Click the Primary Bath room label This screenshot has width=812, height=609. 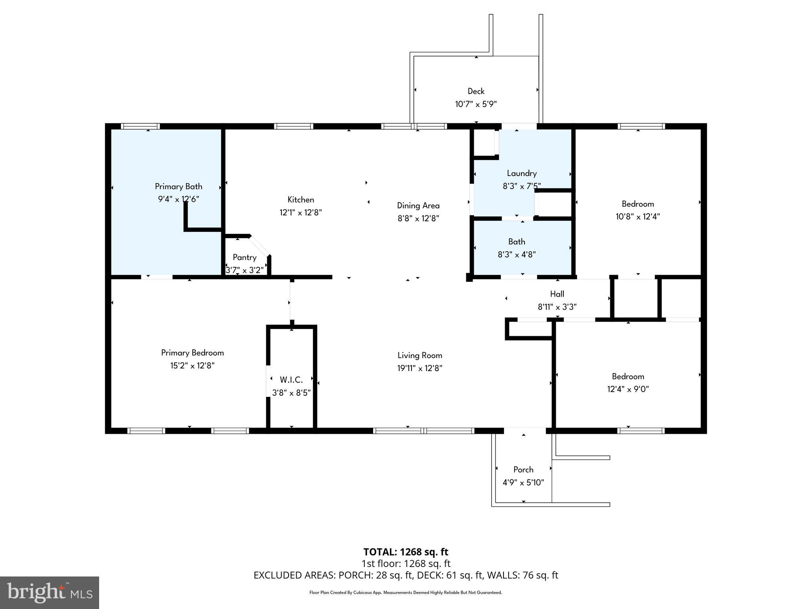point(178,186)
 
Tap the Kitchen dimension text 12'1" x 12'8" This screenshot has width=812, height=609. point(301,213)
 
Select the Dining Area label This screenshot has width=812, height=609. point(418,205)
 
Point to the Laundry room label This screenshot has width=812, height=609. point(521,173)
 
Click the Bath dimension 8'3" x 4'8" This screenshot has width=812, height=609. point(517,255)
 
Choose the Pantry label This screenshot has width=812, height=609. point(244,257)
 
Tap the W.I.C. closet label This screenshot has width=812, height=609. point(291,380)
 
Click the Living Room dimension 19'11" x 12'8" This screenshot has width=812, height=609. point(419,368)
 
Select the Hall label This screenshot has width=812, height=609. point(557,294)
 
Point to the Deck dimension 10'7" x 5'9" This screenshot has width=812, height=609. point(476,104)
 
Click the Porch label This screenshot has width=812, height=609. point(523,469)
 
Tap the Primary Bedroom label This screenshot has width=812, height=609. point(192,352)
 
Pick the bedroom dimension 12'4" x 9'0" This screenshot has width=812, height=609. point(628,389)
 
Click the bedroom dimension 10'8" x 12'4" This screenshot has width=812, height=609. point(638,216)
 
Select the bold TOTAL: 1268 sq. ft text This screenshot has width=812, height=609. point(406,552)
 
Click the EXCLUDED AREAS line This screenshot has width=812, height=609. point(406,575)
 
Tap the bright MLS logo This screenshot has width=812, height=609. point(50,593)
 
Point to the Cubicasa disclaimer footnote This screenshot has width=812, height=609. point(406,593)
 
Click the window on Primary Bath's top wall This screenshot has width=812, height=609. point(140,126)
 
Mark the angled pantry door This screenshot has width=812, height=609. point(260,246)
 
